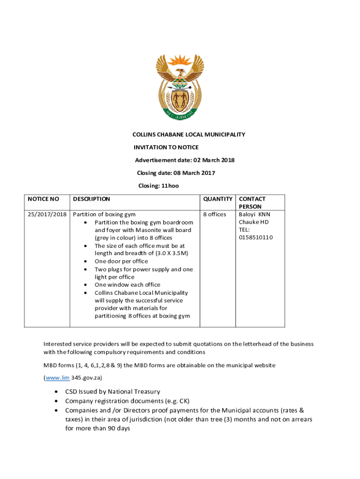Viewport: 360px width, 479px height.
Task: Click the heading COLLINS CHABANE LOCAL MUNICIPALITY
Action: coord(189,135)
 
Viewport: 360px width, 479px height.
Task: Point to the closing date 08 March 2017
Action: coord(195,173)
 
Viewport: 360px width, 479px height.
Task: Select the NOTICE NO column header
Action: coord(43,199)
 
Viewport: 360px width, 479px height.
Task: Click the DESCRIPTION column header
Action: coord(92,199)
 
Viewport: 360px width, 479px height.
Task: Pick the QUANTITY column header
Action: coord(217,199)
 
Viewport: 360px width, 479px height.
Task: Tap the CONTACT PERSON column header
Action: coord(252,203)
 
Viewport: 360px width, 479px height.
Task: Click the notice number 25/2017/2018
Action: coord(46,214)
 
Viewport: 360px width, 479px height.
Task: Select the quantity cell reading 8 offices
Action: coord(215,214)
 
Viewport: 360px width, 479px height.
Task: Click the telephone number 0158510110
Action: coord(256,238)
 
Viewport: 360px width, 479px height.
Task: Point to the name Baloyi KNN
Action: coord(254,214)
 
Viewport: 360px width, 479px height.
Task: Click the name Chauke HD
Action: coord(254,222)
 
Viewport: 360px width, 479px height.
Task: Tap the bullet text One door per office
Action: coord(121,261)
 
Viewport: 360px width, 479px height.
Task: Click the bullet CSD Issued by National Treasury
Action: coord(113,392)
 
